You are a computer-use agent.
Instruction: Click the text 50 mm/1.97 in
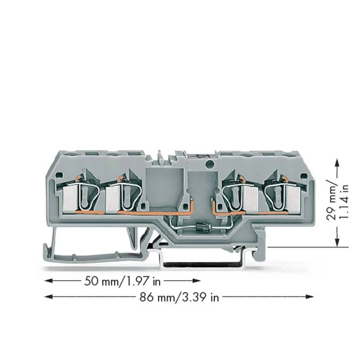tap(122, 281)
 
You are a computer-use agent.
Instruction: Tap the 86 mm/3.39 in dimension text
tap(179, 297)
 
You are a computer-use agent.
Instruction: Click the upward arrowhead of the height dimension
tap(337, 162)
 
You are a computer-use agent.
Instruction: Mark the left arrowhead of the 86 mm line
tap(47, 297)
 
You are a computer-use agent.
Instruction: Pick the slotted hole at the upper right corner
tap(305, 176)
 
